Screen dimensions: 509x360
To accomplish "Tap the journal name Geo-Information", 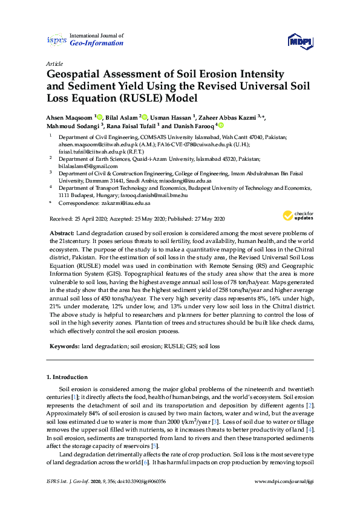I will click(x=97, y=44).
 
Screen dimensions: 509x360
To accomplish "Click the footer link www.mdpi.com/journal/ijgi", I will click(x=283, y=498).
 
